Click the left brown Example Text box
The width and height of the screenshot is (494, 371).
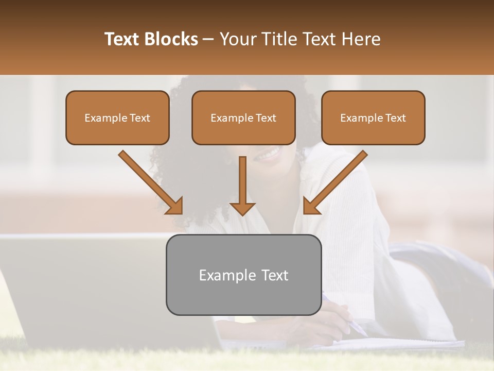117,117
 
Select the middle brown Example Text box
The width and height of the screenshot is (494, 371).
243,117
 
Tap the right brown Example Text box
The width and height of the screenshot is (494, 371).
373,117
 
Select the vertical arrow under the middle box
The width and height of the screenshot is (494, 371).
242,185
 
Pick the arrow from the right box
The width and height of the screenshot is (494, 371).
337,180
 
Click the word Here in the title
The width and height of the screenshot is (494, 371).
361,39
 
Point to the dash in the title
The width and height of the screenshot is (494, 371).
208,40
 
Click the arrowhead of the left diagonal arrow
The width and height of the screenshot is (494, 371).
175,206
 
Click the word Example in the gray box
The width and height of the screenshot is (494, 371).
222,275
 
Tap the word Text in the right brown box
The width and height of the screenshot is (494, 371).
395,117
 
